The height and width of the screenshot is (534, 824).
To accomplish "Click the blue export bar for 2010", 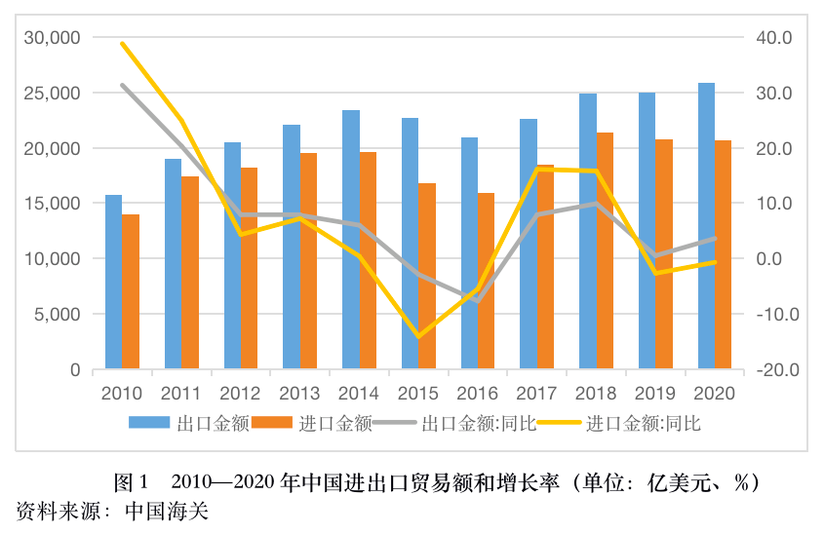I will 113,283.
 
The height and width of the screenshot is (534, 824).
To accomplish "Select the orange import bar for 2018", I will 605,251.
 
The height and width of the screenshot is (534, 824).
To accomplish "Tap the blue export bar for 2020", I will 706,226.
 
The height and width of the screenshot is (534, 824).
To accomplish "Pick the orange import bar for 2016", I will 486,282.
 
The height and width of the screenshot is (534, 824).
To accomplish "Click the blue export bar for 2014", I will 350,240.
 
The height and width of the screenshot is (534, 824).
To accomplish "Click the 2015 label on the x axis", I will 417,394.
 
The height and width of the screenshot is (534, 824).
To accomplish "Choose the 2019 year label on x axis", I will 654,394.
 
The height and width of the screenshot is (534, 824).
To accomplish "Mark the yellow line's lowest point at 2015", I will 418,336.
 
